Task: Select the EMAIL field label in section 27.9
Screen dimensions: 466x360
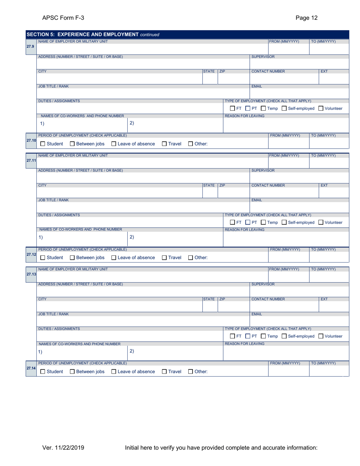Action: point(257,86)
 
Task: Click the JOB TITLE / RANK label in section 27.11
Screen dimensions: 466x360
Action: point(54,199)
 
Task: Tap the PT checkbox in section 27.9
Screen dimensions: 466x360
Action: point(249,109)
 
